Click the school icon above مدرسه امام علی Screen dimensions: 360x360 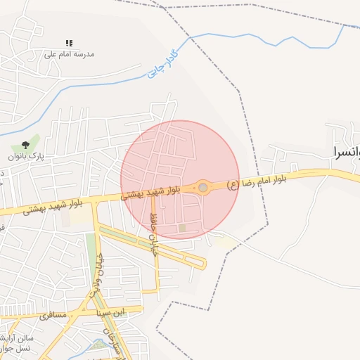[x=69, y=44]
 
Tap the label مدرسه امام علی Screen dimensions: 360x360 [x=69, y=54]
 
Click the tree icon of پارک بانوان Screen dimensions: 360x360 [x=26, y=145]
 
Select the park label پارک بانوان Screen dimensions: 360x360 [x=26, y=155]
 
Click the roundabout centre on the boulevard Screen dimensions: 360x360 [x=203, y=188]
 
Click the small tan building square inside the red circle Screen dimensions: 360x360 [x=182, y=228]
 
